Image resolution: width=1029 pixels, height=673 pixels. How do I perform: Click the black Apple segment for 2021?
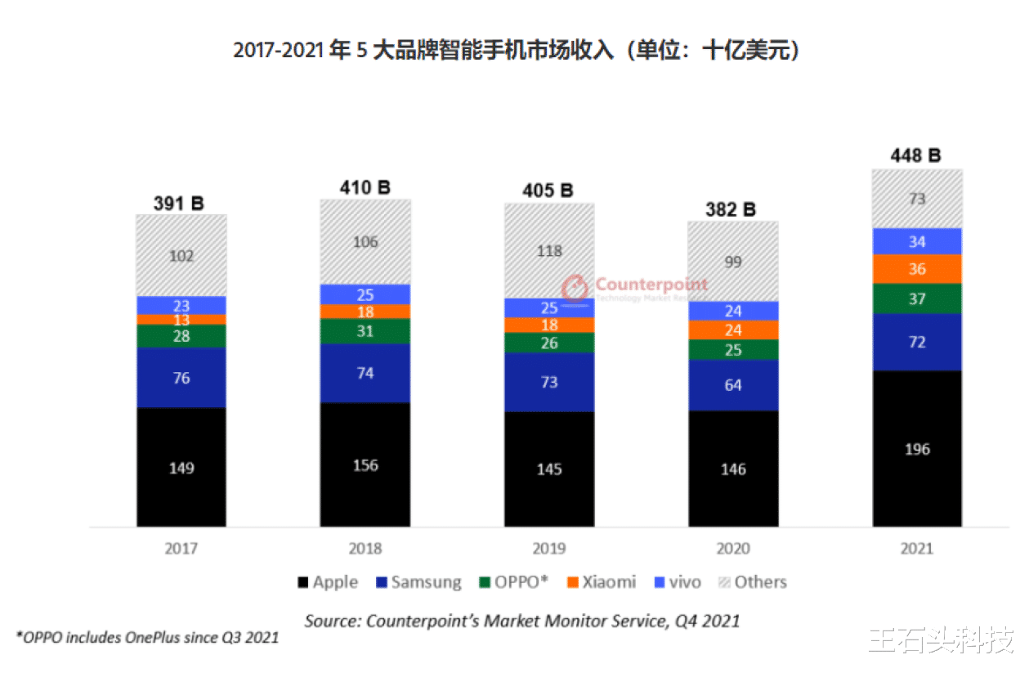tap(917, 448)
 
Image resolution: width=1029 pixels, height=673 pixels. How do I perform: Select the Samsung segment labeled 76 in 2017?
tap(181, 377)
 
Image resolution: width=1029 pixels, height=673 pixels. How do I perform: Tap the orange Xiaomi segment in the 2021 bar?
tap(917, 269)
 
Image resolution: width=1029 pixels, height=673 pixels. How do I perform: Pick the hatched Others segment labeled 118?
tap(549, 250)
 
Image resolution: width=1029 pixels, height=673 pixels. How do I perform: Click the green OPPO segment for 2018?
tap(365, 331)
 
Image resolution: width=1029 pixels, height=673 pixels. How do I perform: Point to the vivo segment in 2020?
tap(733, 311)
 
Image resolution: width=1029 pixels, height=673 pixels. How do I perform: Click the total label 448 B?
tap(916, 155)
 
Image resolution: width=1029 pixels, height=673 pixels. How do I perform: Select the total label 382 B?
tap(732, 209)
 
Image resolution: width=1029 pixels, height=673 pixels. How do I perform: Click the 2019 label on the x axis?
tap(549, 549)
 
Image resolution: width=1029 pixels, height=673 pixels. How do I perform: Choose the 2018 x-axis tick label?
tap(365, 549)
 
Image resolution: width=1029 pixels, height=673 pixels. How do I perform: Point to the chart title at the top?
tap(515, 51)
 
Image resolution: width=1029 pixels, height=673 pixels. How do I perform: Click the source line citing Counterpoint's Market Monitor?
tap(522, 621)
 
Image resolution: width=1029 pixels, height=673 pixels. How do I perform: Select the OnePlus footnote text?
tap(147, 637)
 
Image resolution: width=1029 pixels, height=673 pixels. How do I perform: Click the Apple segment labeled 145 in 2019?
tap(549, 469)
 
